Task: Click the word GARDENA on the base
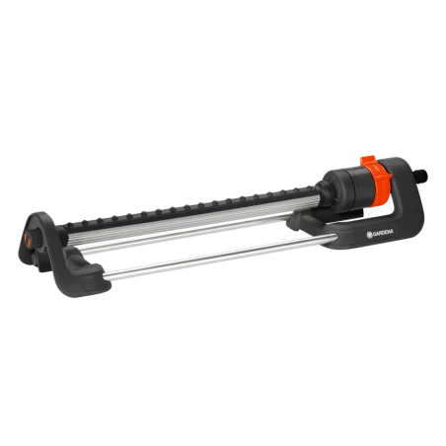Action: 383,233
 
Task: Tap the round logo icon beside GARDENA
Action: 369,235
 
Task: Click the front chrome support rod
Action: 217,257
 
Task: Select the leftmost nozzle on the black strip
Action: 69,225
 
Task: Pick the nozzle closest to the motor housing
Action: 311,188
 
